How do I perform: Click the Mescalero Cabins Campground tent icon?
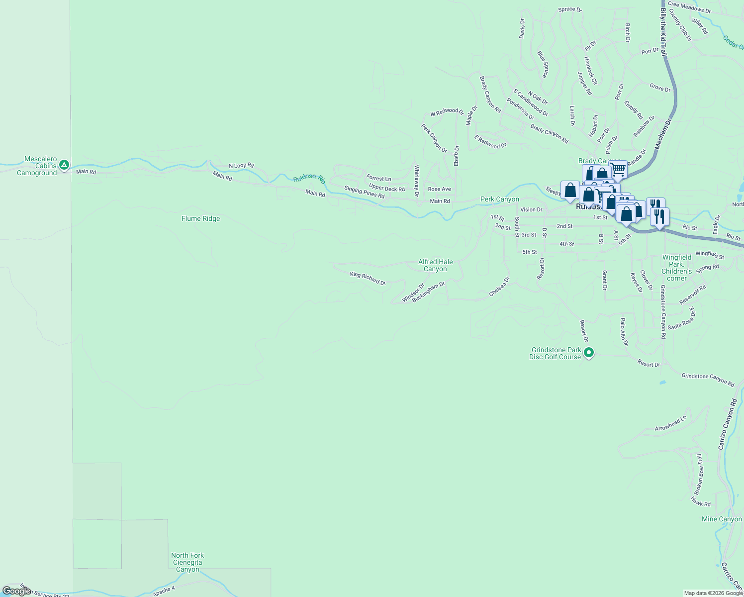[64, 165]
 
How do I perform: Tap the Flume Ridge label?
[200, 218]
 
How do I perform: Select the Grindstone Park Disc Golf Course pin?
[589, 353]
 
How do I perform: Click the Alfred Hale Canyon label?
[435, 265]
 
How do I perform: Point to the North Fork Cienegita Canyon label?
[187, 562]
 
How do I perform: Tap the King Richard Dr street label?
[368, 278]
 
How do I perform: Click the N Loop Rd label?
[241, 166]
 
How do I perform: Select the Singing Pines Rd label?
[364, 193]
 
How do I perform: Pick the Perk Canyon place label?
[499, 199]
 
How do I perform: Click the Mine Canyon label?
[722, 519]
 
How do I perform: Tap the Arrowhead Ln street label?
[670, 424]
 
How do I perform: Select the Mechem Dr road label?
[663, 133]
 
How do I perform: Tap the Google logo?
[16, 591]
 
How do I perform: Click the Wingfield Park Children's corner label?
[677, 268]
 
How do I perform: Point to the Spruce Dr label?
[569, 9]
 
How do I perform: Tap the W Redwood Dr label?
[447, 112]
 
